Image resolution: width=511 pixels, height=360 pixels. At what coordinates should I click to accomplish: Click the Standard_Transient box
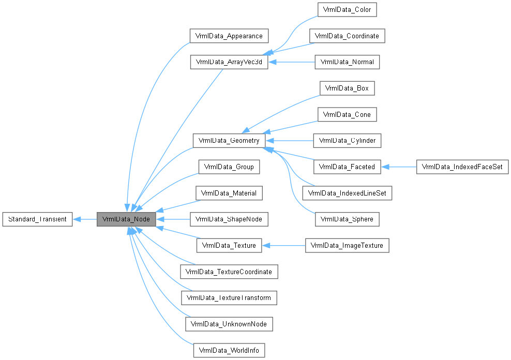pyautogui.click(x=37, y=219)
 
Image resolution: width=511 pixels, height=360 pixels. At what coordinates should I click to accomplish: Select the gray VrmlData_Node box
pyautogui.click(x=126, y=219)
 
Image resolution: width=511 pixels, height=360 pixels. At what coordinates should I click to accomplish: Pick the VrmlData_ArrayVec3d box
pyautogui.click(x=229, y=62)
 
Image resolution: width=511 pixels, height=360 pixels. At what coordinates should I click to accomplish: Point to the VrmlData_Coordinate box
pyautogui.click(x=347, y=36)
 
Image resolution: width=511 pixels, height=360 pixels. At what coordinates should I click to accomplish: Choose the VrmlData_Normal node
pyautogui.click(x=347, y=62)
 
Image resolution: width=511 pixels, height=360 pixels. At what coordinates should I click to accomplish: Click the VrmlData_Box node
pyautogui.click(x=347, y=88)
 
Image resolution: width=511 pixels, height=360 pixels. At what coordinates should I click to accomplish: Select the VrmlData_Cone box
pyautogui.click(x=347, y=114)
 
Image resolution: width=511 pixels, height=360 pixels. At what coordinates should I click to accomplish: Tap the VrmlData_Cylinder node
pyautogui.click(x=347, y=140)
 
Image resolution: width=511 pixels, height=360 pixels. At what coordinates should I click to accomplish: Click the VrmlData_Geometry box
pyautogui.click(x=229, y=140)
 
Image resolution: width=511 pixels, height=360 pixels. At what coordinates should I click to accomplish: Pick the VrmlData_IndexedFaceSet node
pyautogui.click(x=462, y=167)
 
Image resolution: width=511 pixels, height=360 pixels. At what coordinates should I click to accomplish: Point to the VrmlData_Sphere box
pyautogui.click(x=347, y=219)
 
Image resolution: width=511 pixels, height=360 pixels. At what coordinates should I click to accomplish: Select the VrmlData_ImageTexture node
pyautogui.click(x=347, y=245)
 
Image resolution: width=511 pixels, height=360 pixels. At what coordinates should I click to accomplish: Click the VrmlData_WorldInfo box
pyautogui.click(x=229, y=350)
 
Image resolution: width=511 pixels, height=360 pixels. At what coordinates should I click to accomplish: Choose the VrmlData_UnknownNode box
pyautogui.click(x=229, y=324)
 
